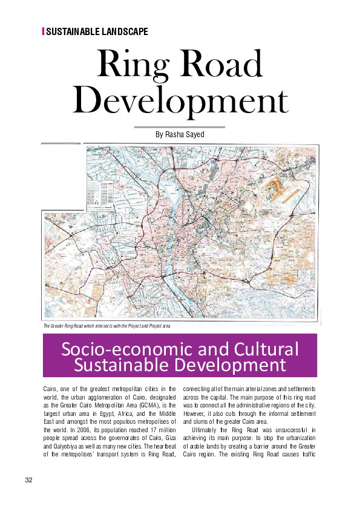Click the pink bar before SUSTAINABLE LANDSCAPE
pyautogui.click(x=43, y=31)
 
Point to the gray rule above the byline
pyautogui.click(x=179, y=127)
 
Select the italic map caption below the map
pyautogui.click(x=111, y=326)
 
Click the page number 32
pyautogui.click(x=28, y=480)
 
